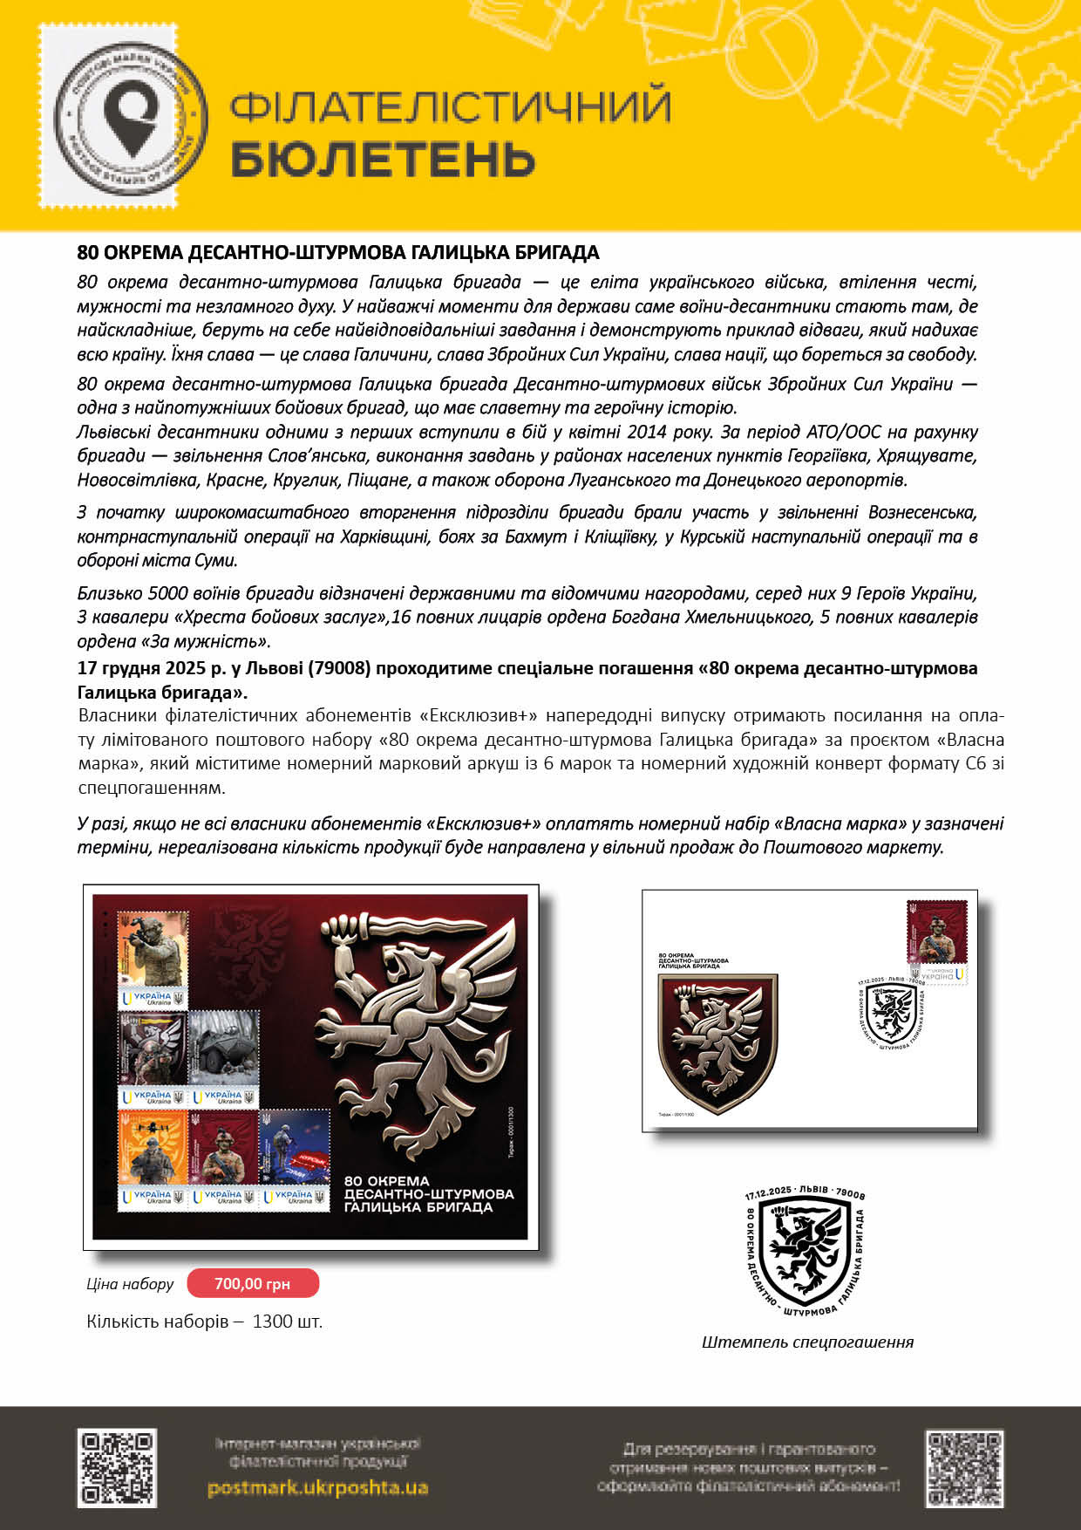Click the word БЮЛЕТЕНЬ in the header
383,159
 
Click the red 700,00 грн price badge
253,1283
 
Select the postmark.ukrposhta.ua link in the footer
317,1487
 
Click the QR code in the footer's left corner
118,1467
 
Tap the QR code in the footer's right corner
963,1467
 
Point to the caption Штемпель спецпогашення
807,1342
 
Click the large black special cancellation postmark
805,1250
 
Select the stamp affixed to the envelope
937,942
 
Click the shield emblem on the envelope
717,1043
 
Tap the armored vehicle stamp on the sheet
224,1058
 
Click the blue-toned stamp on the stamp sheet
296,1159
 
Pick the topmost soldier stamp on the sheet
153,959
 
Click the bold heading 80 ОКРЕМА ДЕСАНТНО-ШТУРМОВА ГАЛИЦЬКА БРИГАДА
338,253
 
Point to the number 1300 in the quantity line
272,1322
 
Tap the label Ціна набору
130,1284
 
